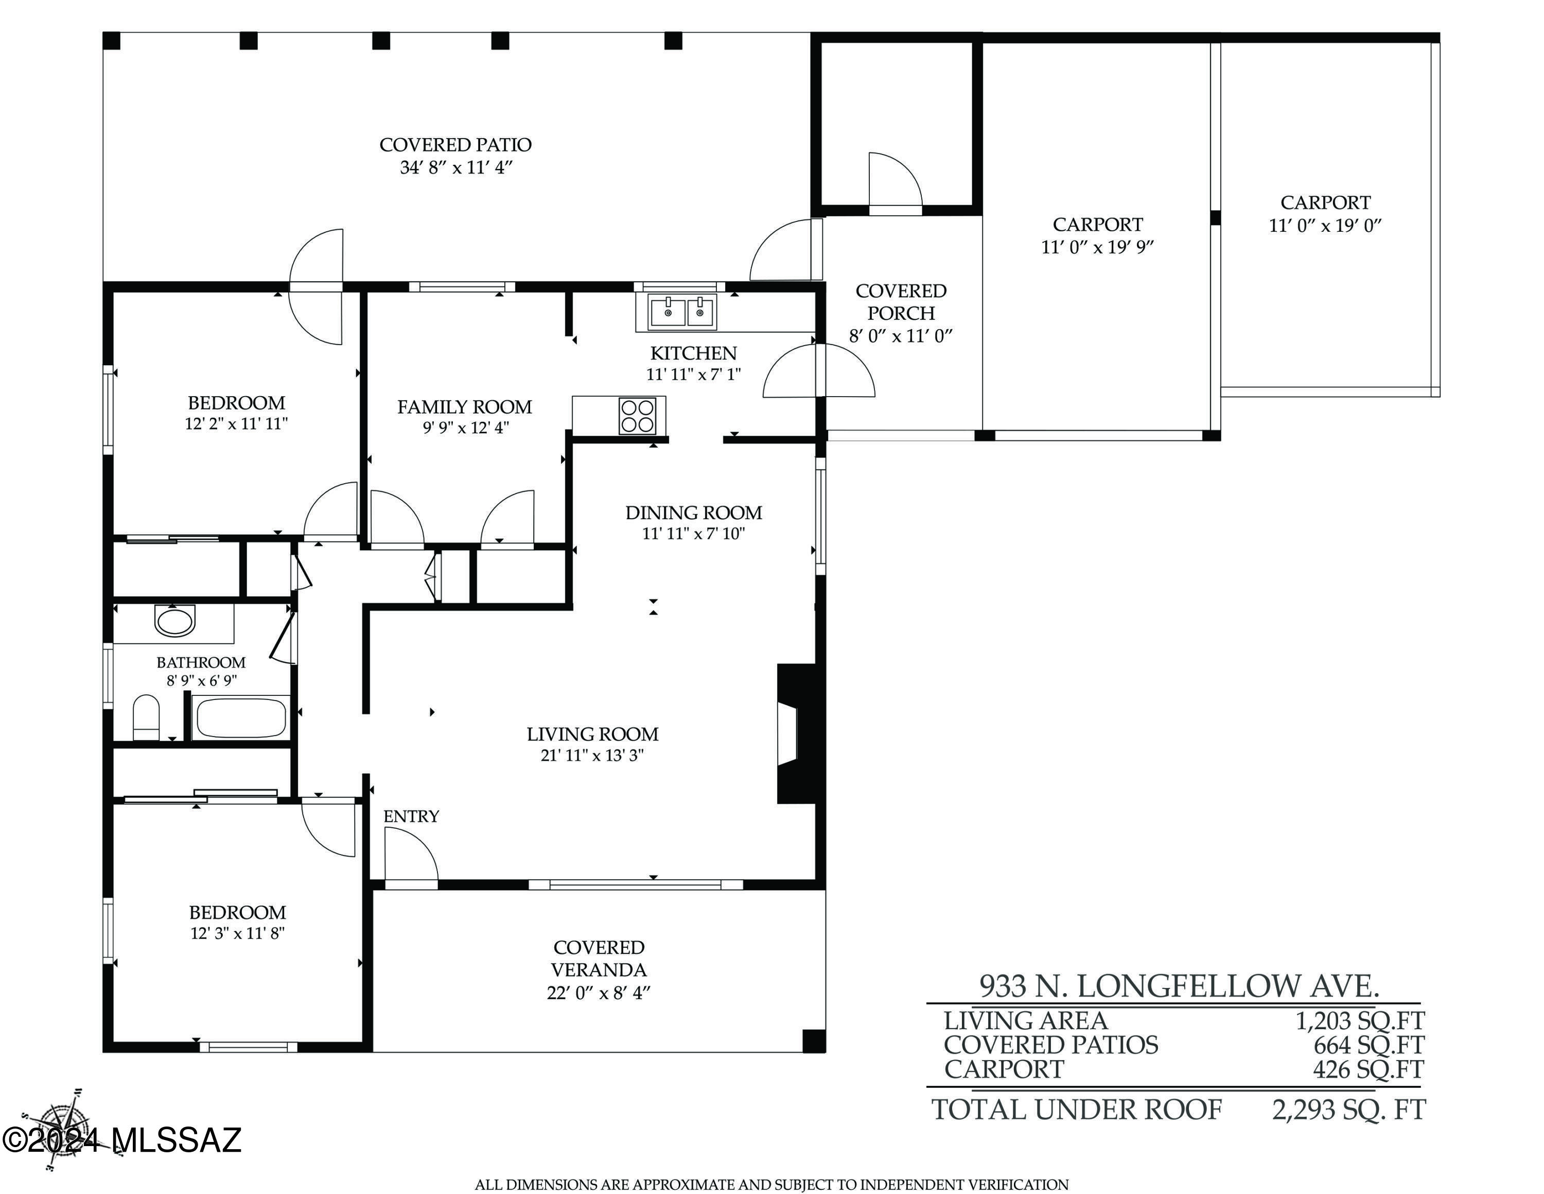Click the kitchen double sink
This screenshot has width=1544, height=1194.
[682, 311]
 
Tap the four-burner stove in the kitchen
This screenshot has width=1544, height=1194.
[637, 415]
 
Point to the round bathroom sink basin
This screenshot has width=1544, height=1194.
[174, 621]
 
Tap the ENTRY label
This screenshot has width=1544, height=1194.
[411, 816]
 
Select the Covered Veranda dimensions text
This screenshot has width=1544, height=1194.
[598, 993]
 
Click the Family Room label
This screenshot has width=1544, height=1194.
[464, 407]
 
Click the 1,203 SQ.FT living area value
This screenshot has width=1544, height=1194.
[1359, 1021]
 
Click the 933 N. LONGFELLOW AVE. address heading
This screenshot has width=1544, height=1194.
[1179, 986]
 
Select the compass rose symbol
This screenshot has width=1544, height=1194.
[62, 1130]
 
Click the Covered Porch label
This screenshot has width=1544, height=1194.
[901, 302]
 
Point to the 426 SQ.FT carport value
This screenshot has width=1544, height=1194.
[1368, 1069]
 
